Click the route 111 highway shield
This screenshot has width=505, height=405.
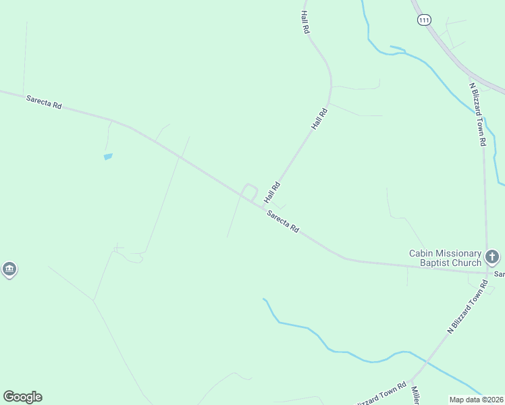pyautogui.click(x=423, y=20)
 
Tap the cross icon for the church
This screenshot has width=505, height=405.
pyautogui.click(x=492, y=256)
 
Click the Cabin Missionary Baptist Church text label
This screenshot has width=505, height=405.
pyautogui.click(x=445, y=258)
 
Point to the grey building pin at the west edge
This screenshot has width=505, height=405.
pyautogui.click(x=9, y=269)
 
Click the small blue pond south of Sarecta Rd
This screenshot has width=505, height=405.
pyautogui.click(x=108, y=157)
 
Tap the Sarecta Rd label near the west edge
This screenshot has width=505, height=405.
pyautogui.click(x=44, y=102)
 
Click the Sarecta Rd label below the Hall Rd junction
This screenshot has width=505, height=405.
pyautogui.click(x=282, y=221)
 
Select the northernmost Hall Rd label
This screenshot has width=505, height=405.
pyautogui.click(x=305, y=22)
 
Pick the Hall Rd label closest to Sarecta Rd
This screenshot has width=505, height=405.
pyautogui.click(x=272, y=192)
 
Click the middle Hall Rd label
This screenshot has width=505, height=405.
pyautogui.click(x=319, y=118)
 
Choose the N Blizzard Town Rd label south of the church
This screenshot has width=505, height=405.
pyautogui.click(x=468, y=307)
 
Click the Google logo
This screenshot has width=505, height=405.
pyautogui.click(x=22, y=397)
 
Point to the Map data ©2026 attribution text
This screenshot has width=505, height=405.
pyautogui.click(x=476, y=399)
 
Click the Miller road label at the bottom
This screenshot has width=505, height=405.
pyautogui.click(x=415, y=397)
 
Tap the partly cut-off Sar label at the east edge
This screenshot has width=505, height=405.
pyautogui.click(x=499, y=275)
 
